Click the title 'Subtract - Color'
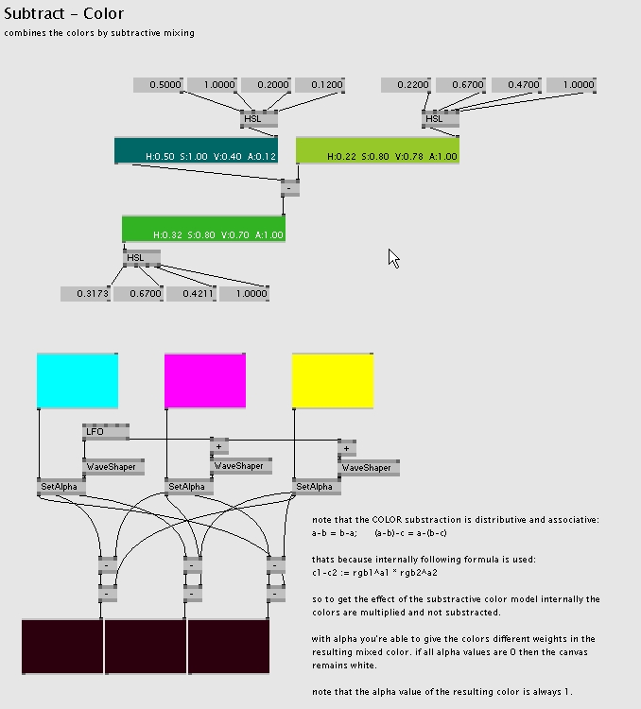pos(63,14)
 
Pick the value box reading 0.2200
pos(406,85)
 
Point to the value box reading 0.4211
pos(191,294)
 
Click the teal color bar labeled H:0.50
pos(196,150)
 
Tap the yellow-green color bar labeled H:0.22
pos(377,150)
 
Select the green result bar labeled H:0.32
pos(203,229)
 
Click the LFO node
pos(105,432)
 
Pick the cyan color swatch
pos(78,381)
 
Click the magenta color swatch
pos(205,381)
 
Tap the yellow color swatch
pos(333,381)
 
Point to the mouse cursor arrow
pos(393,257)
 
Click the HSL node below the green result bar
pos(141,257)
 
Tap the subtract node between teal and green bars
pos(290,188)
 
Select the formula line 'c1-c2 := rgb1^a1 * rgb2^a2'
pos(374,572)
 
